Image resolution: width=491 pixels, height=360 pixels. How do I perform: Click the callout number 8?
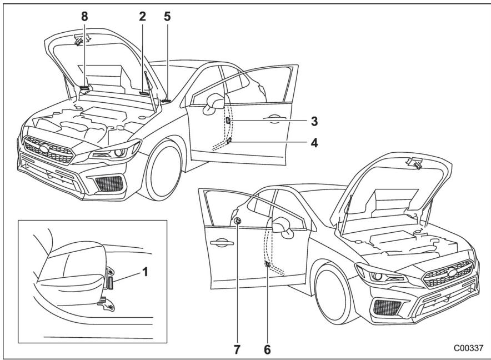click(x=84, y=16)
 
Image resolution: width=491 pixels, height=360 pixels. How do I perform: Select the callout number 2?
click(x=142, y=16)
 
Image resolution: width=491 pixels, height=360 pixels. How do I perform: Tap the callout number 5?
click(x=167, y=16)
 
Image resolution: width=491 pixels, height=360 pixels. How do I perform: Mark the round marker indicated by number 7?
click(x=237, y=221)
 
